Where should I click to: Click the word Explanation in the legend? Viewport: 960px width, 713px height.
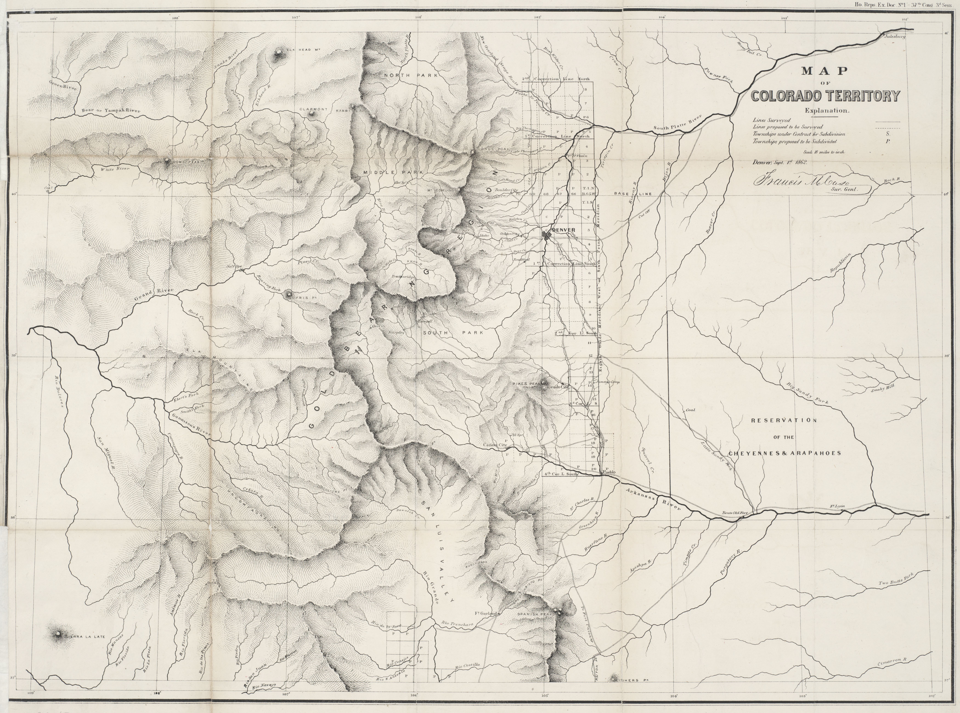point(827,110)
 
